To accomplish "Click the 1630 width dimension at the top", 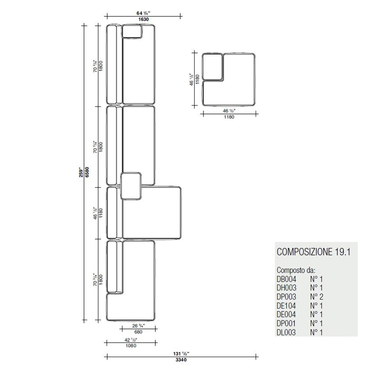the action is click(x=143, y=19).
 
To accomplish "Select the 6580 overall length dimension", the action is click(x=87, y=172).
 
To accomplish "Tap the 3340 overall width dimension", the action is click(x=181, y=360).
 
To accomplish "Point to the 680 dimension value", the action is click(x=138, y=332).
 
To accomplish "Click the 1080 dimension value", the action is click(x=131, y=346).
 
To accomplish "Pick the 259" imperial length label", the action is click(x=81, y=172).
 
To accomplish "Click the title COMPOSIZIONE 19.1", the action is click(x=314, y=252).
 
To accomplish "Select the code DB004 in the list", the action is click(x=286, y=279).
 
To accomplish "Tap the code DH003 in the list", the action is click(x=286, y=288).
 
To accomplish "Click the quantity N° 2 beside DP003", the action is click(x=316, y=297).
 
